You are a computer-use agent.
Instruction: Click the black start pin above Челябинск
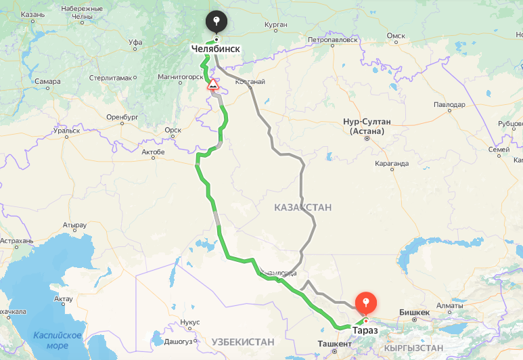tap(217, 22)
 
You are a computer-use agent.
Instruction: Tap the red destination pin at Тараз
tap(365, 302)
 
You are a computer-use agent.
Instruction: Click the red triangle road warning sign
tap(212, 85)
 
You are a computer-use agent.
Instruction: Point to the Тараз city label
tap(366, 330)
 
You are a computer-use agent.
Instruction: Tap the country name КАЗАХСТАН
tap(303, 207)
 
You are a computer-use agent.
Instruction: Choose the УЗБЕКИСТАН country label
tap(243, 342)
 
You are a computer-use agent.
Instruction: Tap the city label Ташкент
tap(334, 344)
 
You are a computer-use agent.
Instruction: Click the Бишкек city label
tap(415, 312)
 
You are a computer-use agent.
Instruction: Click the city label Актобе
tap(153, 152)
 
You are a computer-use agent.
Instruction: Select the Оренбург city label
tap(122, 117)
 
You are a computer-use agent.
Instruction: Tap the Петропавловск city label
tap(332, 40)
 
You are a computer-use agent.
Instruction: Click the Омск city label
tap(396, 36)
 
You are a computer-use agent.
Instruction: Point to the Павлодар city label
tap(449, 105)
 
